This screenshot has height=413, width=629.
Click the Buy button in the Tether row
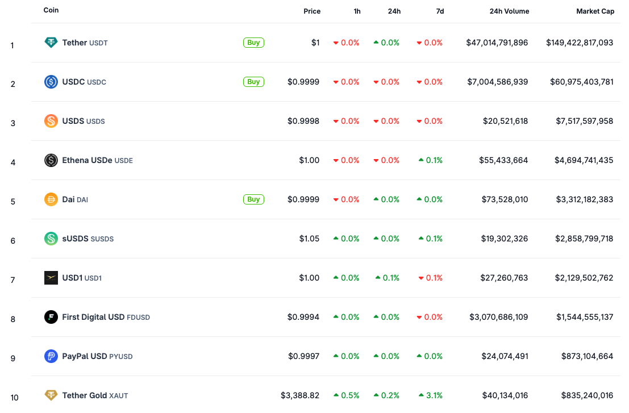click(x=253, y=43)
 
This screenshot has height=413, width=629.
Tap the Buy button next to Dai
click(x=253, y=199)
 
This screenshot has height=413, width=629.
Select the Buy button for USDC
click(x=253, y=82)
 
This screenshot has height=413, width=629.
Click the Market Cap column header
click(x=595, y=11)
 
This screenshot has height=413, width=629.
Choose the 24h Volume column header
click(x=509, y=11)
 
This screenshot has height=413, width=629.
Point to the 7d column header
click(x=440, y=11)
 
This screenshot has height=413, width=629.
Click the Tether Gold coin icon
click(x=51, y=395)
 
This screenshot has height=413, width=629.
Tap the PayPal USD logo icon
click(x=51, y=356)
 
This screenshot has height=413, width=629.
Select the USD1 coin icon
click(x=51, y=278)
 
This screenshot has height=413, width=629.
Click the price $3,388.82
click(x=300, y=395)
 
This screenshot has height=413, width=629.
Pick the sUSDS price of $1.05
click(x=309, y=239)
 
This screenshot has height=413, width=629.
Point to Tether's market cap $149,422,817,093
click(x=580, y=43)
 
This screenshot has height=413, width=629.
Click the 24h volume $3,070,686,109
click(x=498, y=317)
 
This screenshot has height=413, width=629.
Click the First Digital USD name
click(x=93, y=317)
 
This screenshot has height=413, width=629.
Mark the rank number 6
click(x=13, y=241)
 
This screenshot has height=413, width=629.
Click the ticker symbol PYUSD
click(x=121, y=357)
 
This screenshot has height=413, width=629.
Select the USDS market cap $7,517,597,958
click(x=585, y=121)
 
